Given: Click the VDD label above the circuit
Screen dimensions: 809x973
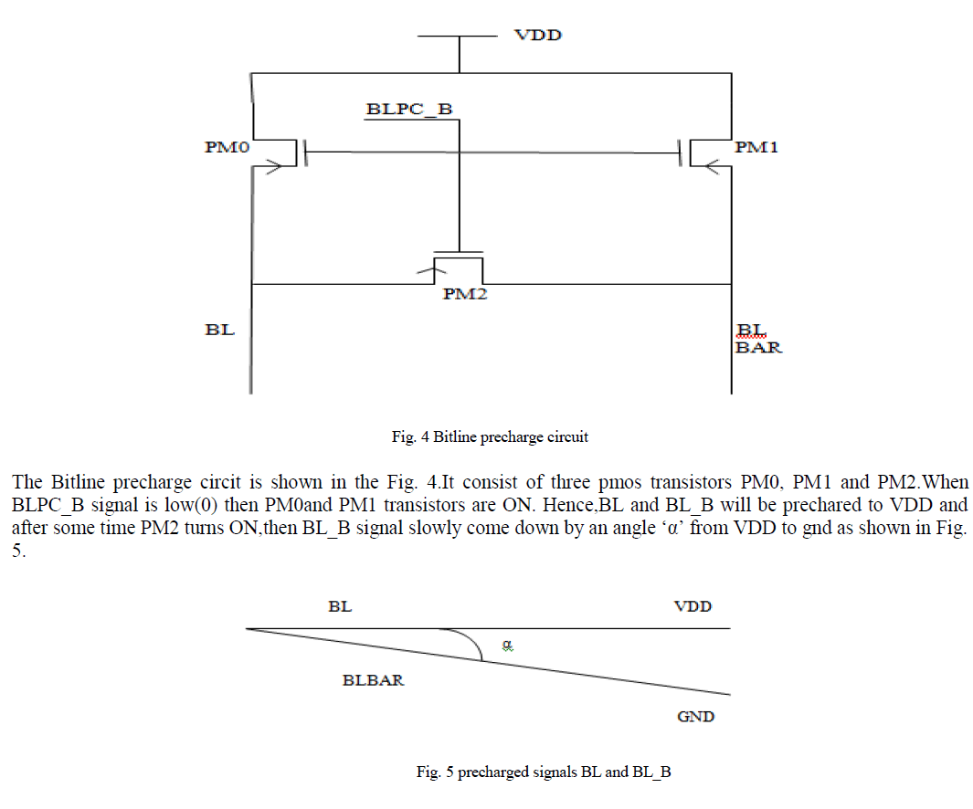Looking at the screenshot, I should coord(537,36).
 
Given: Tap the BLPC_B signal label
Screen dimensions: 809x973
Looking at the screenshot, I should coord(409,110).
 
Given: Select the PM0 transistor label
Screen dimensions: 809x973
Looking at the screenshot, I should coord(227,146).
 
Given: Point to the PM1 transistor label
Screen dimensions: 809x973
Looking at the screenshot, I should coord(756,146).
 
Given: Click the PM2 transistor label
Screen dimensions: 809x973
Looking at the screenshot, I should coord(465,295).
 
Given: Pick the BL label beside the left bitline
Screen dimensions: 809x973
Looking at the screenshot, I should coord(220,330).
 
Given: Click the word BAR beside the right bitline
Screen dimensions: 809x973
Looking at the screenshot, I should coord(759,347).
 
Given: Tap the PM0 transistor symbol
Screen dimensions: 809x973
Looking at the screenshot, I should coord(282,152).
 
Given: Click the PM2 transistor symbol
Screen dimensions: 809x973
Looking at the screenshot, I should coord(458,265).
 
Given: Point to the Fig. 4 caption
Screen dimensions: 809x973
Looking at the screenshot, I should coord(490,436).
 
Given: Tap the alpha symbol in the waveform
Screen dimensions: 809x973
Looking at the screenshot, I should coord(509,645).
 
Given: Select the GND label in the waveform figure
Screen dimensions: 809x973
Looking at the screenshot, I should coord(695,717).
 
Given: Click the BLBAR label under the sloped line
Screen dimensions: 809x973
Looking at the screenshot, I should coord(373,680).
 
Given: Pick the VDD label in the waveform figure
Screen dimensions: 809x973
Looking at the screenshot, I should coord(693,606).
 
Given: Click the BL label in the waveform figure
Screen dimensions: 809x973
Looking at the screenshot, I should coord(340,606).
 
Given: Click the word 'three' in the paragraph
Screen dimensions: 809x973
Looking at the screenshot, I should coord(481,481).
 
